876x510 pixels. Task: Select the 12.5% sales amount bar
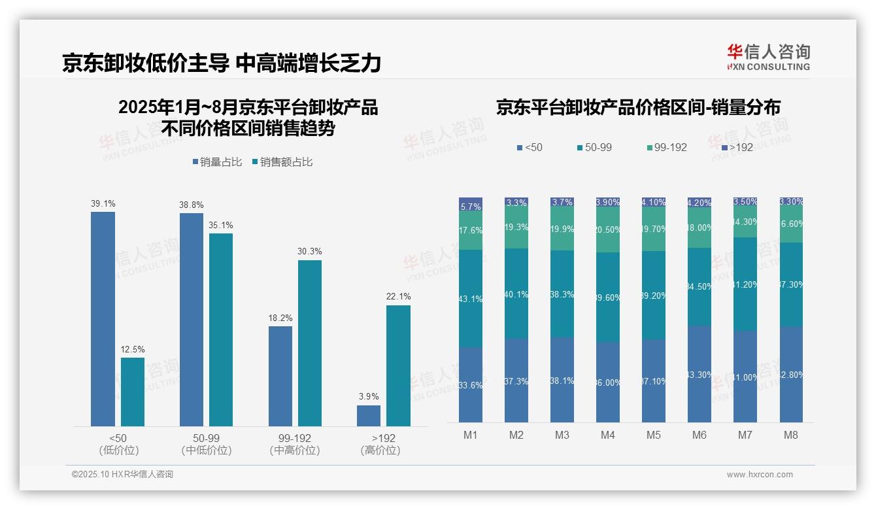(133, 392)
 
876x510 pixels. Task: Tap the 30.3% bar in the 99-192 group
(309, 343)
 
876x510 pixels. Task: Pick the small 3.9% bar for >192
(369, 416)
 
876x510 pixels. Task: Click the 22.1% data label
(398, 297)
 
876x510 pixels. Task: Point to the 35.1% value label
(221, 226)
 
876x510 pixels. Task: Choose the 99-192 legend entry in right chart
(666, 148)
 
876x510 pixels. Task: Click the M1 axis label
(471, 435)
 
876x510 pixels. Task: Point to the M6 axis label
(699, 435)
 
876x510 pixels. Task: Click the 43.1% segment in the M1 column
(471, 299)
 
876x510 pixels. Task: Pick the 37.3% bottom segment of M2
(516, 381)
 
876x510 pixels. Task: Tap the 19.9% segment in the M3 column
(562, 229)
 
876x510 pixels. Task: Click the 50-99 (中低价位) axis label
(207, 444)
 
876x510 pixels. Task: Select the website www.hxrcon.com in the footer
(760, 475)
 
